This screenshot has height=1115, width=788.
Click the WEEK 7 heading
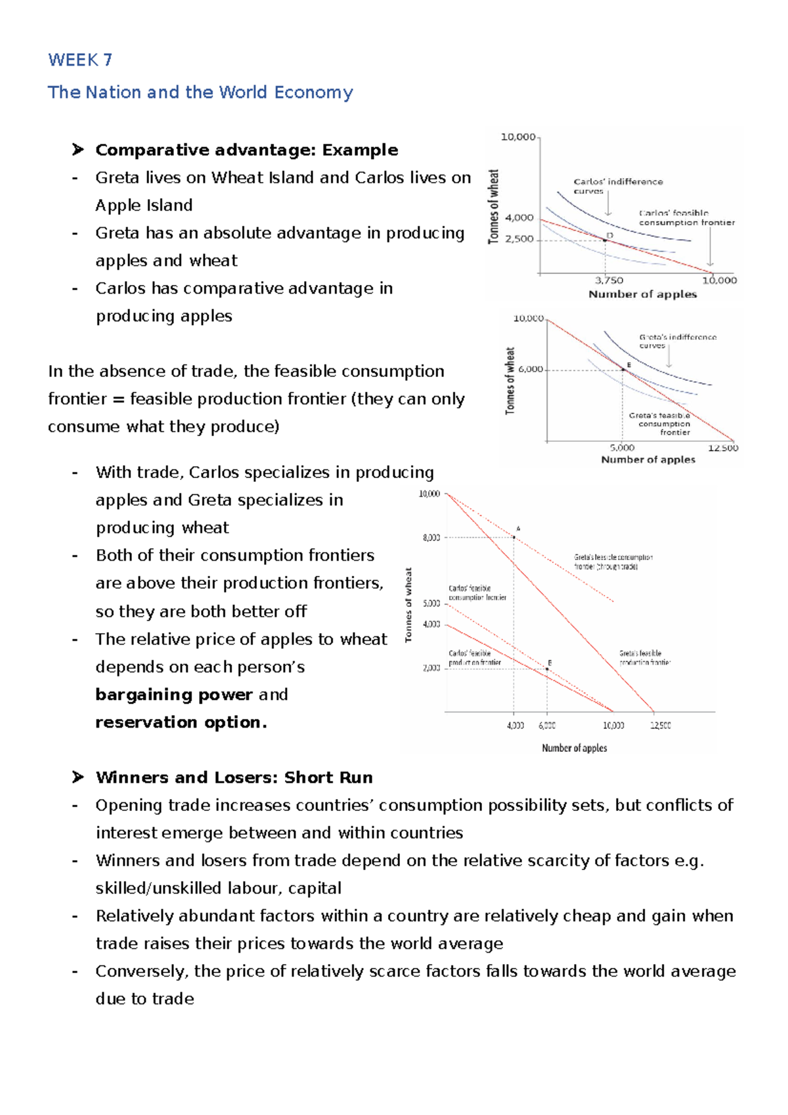[80, 60]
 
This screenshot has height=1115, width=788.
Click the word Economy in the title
[313, 93]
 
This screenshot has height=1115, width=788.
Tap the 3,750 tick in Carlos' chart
[609, 280]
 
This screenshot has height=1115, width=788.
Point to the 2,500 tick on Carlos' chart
[519, 239]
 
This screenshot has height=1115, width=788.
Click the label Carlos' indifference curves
[617, 186]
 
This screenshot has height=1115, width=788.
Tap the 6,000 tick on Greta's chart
[531, 369]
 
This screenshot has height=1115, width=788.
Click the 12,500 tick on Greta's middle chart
[722, 448]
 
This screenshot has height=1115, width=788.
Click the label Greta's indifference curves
[677, 341]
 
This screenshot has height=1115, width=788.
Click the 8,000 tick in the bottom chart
[431, 538]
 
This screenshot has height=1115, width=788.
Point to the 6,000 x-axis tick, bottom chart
[547, 726]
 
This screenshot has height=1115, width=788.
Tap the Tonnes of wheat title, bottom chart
[408, 605]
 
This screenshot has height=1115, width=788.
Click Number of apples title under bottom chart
[574, 748]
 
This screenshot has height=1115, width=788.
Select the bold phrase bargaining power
[173, 695]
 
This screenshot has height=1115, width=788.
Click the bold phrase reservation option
[181, 722]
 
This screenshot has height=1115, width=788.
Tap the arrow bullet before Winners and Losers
[78, 777]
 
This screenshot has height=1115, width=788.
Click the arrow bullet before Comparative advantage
[78, 150]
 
